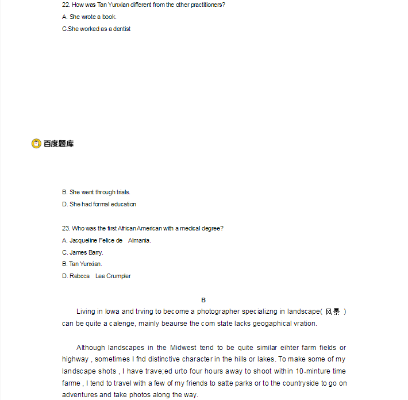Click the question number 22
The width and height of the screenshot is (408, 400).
pyautogui.click(x=66, y=5)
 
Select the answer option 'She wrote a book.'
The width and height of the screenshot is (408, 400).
pyautogui.click(x=93, y=17)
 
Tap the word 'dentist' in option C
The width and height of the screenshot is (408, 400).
pyautogui.click(x=121, y=29)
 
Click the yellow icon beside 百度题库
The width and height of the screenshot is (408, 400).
pyautogui.click(x=36, y=144)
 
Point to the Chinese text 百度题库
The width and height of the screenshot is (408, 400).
pyautogui.click(x=59, y=144)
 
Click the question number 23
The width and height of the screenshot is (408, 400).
pyautogui.click(x=66, y=228)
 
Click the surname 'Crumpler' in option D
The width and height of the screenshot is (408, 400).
pyautogui.click(x=120, y=276)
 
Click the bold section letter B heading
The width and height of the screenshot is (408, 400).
pyautogui.click(x=203, y=300)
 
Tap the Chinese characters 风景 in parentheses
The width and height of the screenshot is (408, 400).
pyautogui.click(x=333, y=311)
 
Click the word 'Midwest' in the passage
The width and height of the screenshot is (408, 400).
pyautogui.click(x=170, y=348)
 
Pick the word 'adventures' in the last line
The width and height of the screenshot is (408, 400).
pyautogui.click(x=80, y=395)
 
